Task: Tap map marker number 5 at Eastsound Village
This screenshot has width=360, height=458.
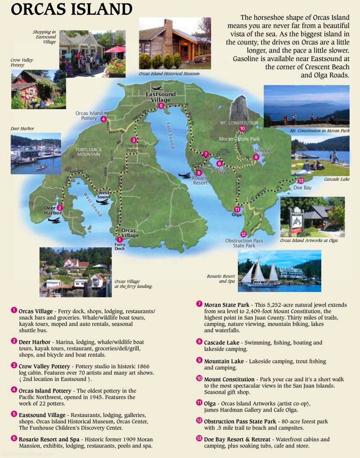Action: [x=161, y=106]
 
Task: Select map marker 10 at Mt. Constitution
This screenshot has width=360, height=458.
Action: [x=243, y=128]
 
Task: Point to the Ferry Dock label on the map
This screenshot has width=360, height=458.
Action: [x=119, y=247]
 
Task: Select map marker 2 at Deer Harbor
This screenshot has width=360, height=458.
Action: [x=60, y=208]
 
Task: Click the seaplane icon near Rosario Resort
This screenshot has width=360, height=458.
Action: [x=184, y=175]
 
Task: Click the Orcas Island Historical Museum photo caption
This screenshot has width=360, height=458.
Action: [x=169, y=73]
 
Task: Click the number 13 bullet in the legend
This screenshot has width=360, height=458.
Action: [x=199, y=439]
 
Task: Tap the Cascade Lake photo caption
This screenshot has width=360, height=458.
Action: [x=337, y=179]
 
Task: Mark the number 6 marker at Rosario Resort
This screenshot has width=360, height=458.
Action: [x=199, y=172]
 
